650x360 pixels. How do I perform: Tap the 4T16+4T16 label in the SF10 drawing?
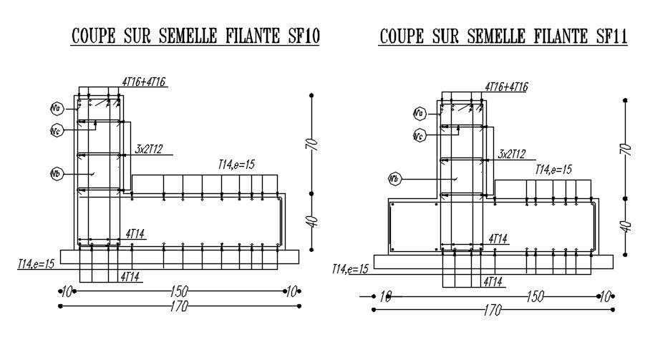(143, 82)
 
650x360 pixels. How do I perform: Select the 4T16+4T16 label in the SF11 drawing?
(506, 87)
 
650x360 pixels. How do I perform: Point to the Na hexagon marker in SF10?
(57, 108)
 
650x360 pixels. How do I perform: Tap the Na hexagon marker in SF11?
(419, 113)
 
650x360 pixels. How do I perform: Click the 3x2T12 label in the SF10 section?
(149, 149)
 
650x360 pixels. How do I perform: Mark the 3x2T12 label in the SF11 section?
(511, 154)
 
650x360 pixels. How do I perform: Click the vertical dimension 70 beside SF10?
(311, 142)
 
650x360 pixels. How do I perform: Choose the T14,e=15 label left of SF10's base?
(37, 264)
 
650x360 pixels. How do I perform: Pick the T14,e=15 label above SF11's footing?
(553, 170)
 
